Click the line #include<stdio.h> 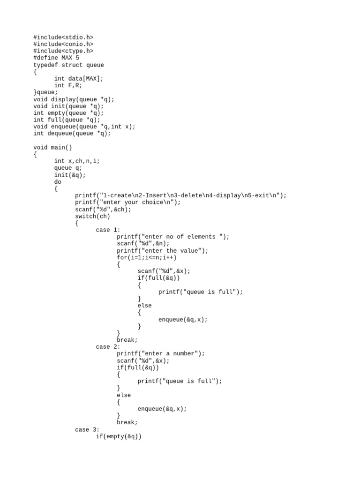pos(63,37)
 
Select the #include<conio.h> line pos(63,44)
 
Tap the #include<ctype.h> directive pos(63,51)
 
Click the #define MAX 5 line pos(56,58)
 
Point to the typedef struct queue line pos(68,65)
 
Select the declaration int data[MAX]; pos(79,78)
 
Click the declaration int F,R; pos(68,85)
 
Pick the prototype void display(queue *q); pos(74,99)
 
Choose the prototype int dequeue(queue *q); pos(72,134)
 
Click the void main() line pos(53,147)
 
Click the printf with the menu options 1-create pos(180,195)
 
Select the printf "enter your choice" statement pos(127,202)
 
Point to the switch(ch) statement pos(93,216)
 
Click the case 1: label pos(108,230)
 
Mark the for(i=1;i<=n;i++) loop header pos(147,257)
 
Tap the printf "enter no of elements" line pos(173,237)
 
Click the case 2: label pos(108,347)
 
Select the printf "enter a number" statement pos(161,353)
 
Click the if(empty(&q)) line pos(119,436)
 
